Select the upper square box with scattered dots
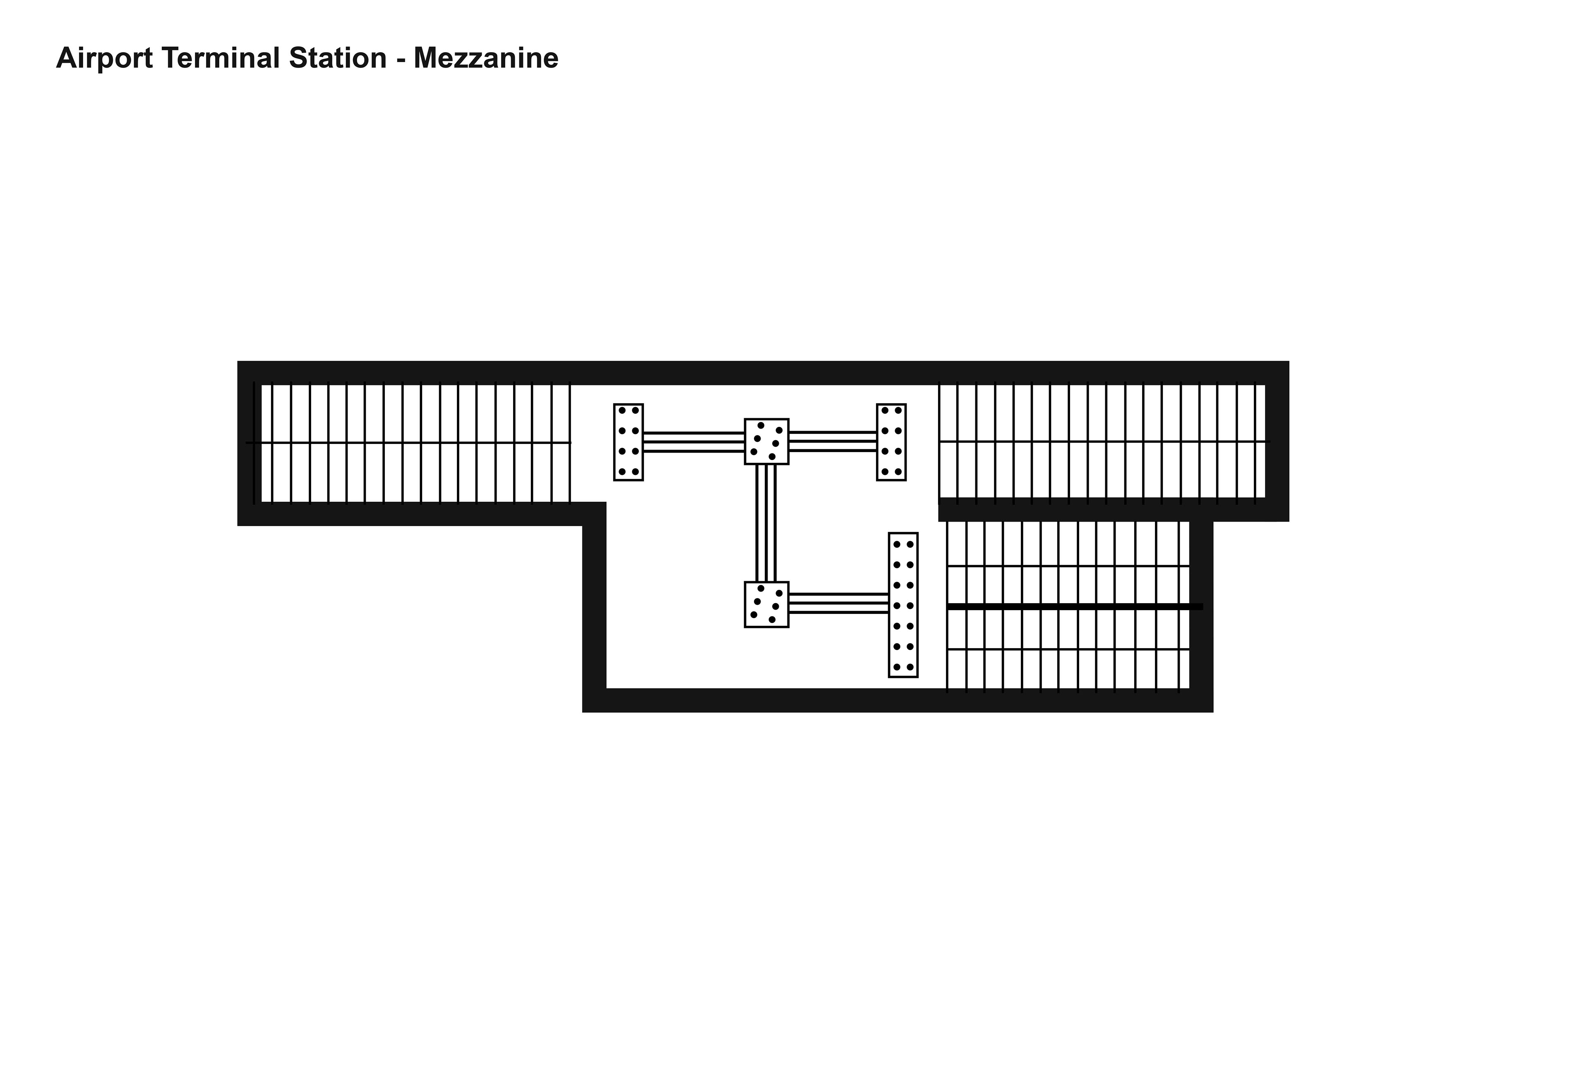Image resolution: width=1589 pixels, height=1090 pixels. [x=766, y=441]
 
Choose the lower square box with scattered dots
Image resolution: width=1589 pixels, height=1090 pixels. [x=766, y=604]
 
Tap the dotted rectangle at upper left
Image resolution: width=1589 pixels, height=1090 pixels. [x=628, y=441]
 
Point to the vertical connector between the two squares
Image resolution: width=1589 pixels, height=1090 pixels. [x=766, y=523]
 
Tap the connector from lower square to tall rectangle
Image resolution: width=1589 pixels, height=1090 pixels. [x=838, y=604]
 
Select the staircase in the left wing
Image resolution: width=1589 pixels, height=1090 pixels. [x=410, y=443]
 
